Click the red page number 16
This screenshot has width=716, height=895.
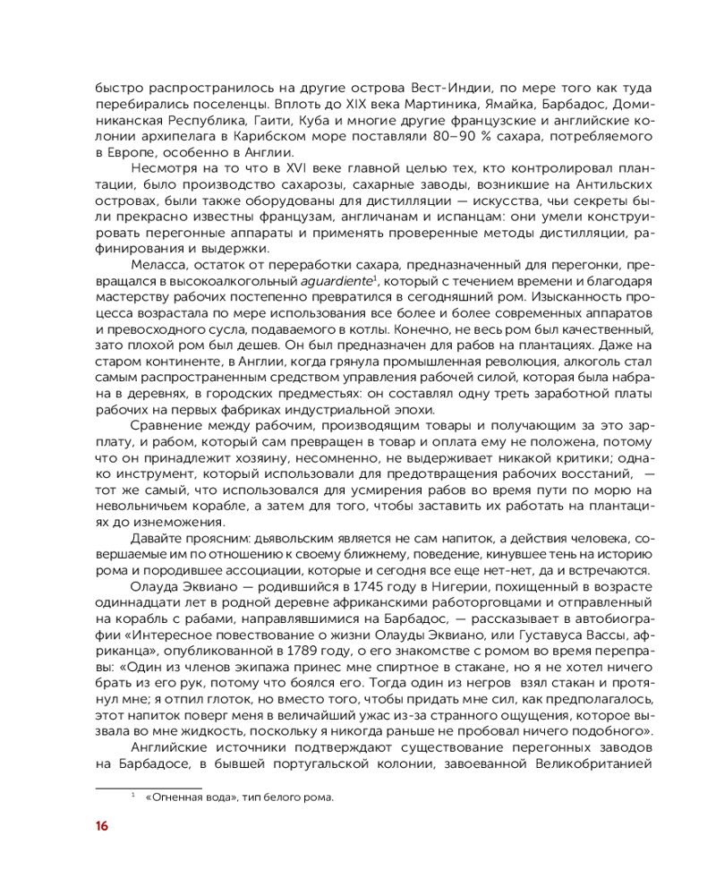102,825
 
